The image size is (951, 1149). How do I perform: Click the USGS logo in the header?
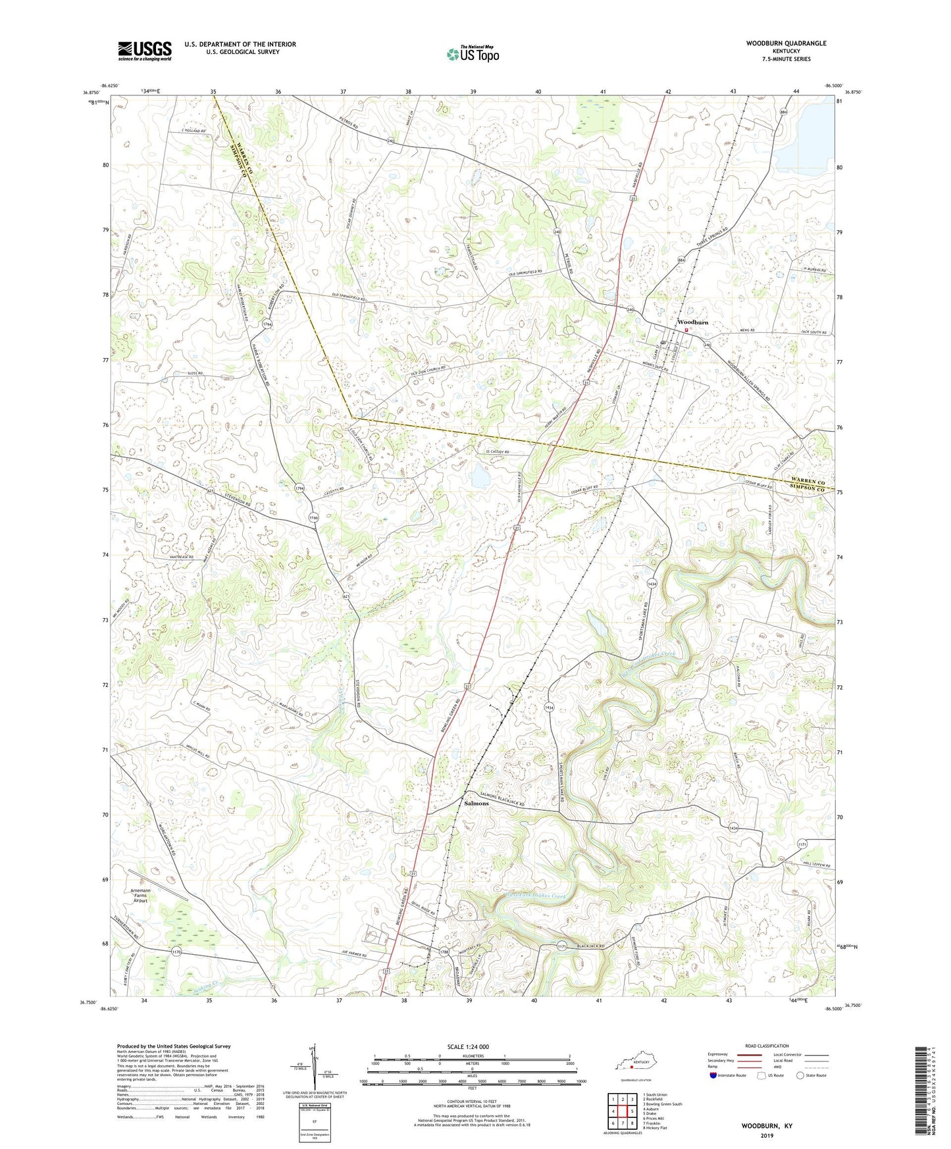pos(145,51)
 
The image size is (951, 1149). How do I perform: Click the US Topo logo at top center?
pos(473,54)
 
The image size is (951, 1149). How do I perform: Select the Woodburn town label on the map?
pos(693,322)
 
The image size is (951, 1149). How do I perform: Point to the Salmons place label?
pos(476,804)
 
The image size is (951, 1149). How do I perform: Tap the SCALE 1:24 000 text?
pos(468,1047)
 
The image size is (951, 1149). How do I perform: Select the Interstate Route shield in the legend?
pos(714,1075)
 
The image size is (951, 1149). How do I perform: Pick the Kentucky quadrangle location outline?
pos(632,1065)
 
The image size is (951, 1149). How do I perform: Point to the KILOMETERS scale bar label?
pos(472,1056)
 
